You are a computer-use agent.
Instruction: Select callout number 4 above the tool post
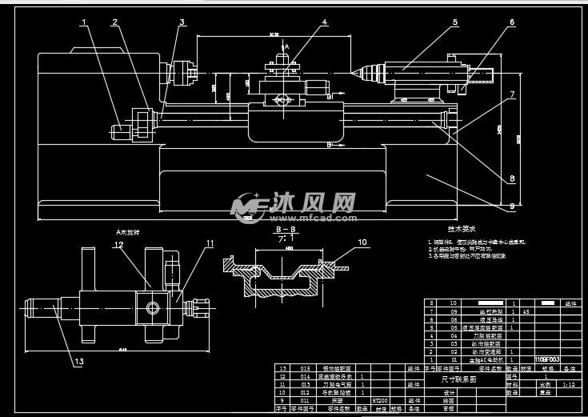pyautogui.click(x=324, y=22)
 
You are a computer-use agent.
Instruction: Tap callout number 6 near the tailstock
pyautogui.click(x=512, y=23)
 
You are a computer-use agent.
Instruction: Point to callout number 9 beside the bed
pyautogui.click(x=512, y=206)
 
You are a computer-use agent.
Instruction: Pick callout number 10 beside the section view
pyautogui.click(x=361, y=241)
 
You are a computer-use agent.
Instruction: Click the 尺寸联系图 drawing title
pyautogui.click(x=458, y=379)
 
